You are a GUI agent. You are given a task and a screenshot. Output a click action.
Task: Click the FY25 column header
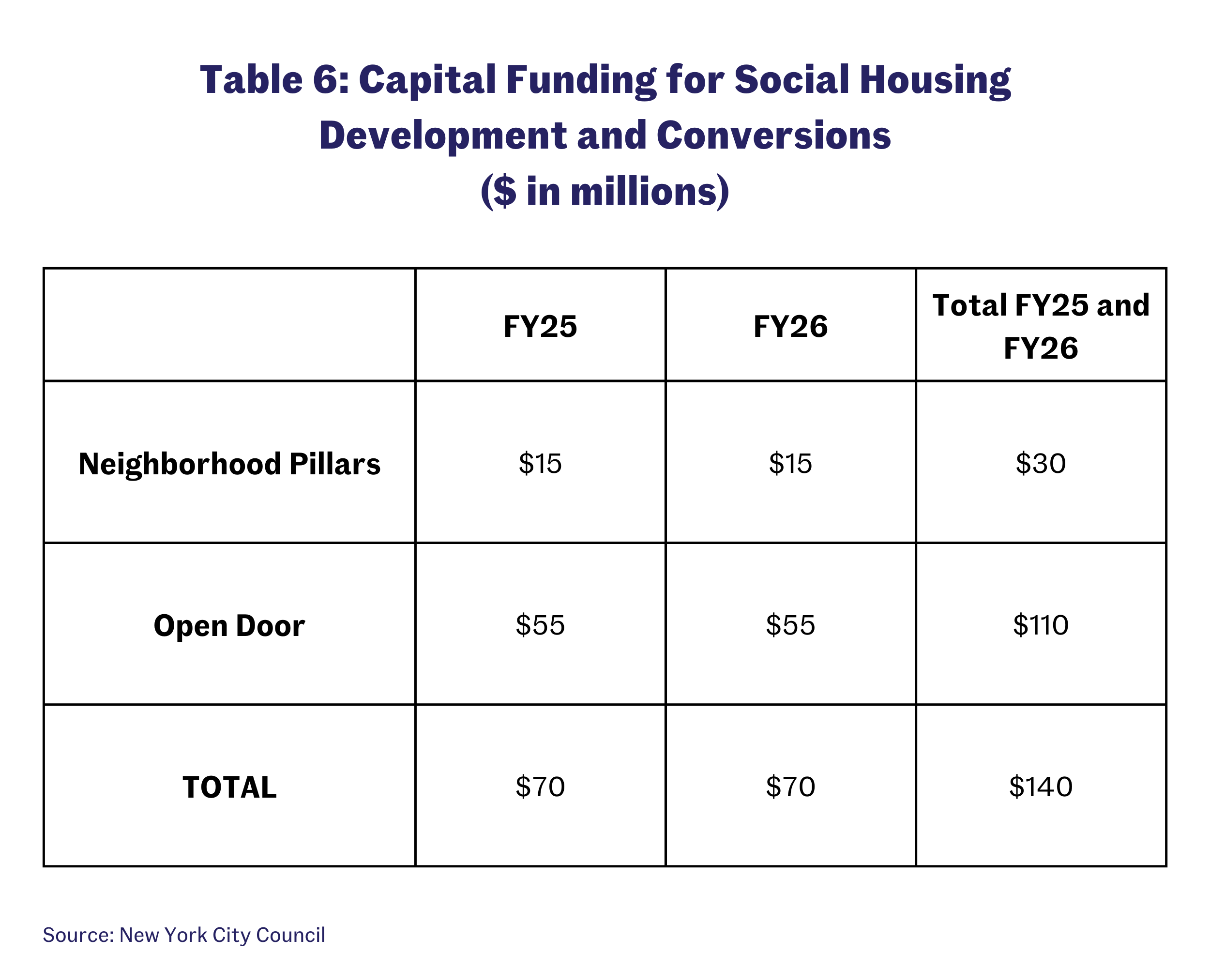tap(540, 327)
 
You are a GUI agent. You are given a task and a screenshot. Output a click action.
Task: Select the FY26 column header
tap(790, 327)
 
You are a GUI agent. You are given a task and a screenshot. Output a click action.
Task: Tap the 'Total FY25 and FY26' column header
tap(1041, 327)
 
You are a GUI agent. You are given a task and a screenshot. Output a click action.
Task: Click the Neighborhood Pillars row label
tap(229, 464)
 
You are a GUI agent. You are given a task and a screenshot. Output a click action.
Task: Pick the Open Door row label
tap(229, 626)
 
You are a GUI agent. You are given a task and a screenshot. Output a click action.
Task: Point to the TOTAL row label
tap(229, 787)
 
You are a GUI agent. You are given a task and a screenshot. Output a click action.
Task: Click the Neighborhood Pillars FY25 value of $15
tap(540, 464)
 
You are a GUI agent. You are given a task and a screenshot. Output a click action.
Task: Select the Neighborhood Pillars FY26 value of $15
tap(790, 464)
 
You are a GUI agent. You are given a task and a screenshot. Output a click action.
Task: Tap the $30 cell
tap(1041, 464)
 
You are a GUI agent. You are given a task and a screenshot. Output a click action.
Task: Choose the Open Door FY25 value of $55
tap(540, 625)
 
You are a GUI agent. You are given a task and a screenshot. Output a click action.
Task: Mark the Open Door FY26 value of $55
tap(790, 625)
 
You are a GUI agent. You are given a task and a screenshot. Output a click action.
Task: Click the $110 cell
tap(1041, 625)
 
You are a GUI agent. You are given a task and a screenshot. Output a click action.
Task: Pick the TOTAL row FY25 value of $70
tap(540, 787)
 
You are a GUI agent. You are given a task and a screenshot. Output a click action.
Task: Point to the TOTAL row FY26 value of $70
tap(790, 787)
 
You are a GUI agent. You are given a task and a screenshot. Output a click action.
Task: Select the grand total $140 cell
tap(1041, 787)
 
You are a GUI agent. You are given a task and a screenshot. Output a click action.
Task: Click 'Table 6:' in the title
tap(274, 80)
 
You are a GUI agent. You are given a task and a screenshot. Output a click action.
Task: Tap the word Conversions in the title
tap(773, 136)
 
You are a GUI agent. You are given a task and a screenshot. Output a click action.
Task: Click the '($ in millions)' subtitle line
tap(605, 191)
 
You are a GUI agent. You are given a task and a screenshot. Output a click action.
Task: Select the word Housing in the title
tap(935, 80)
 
